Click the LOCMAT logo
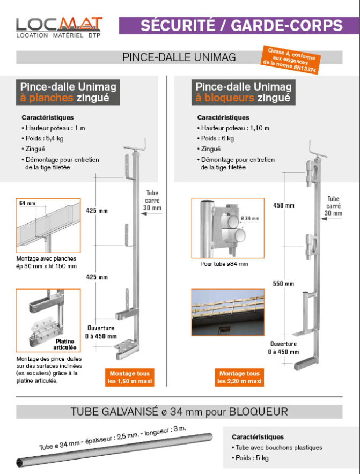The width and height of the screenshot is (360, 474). pos(60,27)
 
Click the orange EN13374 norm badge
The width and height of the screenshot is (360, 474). pos(290,60)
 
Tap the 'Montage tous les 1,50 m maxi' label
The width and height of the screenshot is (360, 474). pos(129,377)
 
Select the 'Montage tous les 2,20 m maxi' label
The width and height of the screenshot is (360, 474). pos(239,377)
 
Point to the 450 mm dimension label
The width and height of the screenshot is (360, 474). pos(284,205)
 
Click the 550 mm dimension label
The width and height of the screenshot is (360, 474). pos(283,284)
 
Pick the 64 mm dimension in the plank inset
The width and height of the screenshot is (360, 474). pos(27,203)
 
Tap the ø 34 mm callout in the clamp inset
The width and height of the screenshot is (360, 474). pos(250,218)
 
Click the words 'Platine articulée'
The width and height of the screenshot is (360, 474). pos(65,344)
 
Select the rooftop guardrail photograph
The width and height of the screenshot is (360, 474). pos(228,312)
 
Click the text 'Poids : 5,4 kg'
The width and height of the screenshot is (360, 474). pos(44,138)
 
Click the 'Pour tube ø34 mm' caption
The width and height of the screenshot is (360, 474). pos(224,264)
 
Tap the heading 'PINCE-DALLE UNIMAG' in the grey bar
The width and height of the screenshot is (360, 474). pos(179,57)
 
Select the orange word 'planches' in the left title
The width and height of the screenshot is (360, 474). pos(51,98)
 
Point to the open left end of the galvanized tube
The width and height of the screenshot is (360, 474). pos(20,463)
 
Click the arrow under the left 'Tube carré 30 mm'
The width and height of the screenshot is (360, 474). pos(151,214)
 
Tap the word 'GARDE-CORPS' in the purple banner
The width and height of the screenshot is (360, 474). pos(286,25)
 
